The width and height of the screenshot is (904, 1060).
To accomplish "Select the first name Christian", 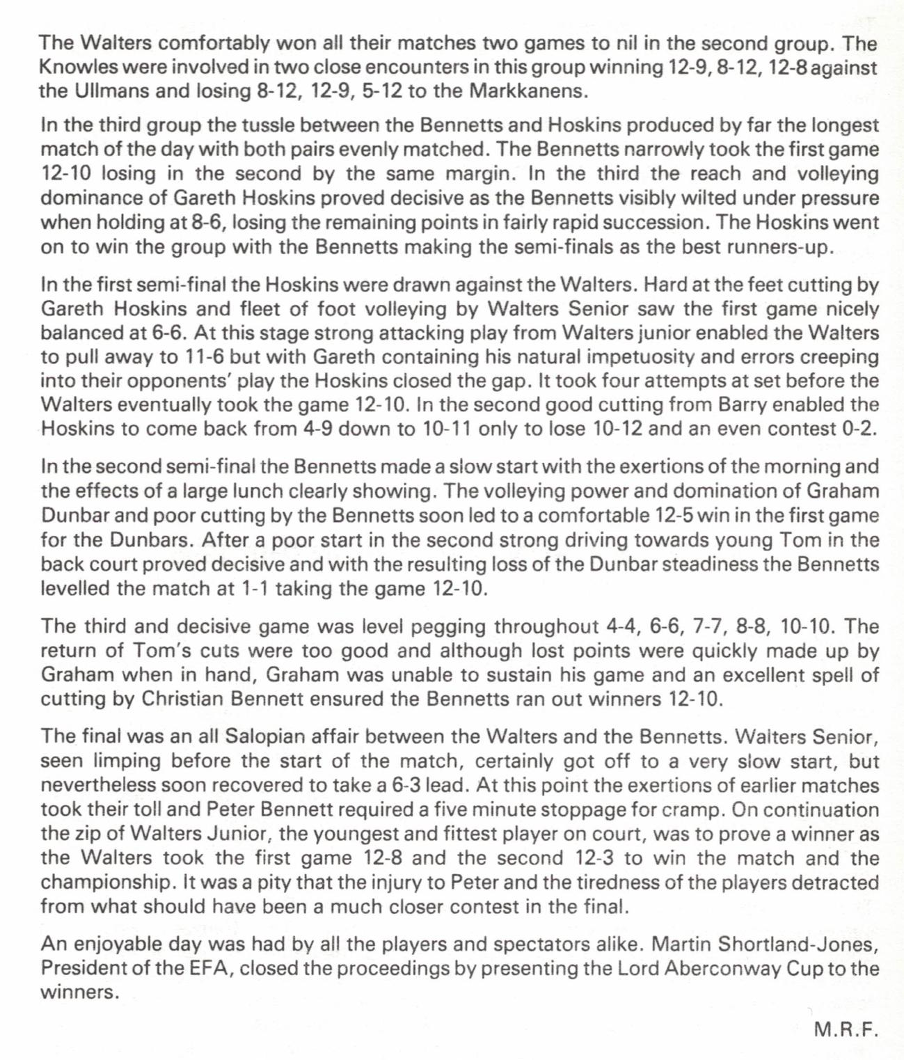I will [x=182, y=699].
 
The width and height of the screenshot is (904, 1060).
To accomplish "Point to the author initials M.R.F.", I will [x=844, y=1029].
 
